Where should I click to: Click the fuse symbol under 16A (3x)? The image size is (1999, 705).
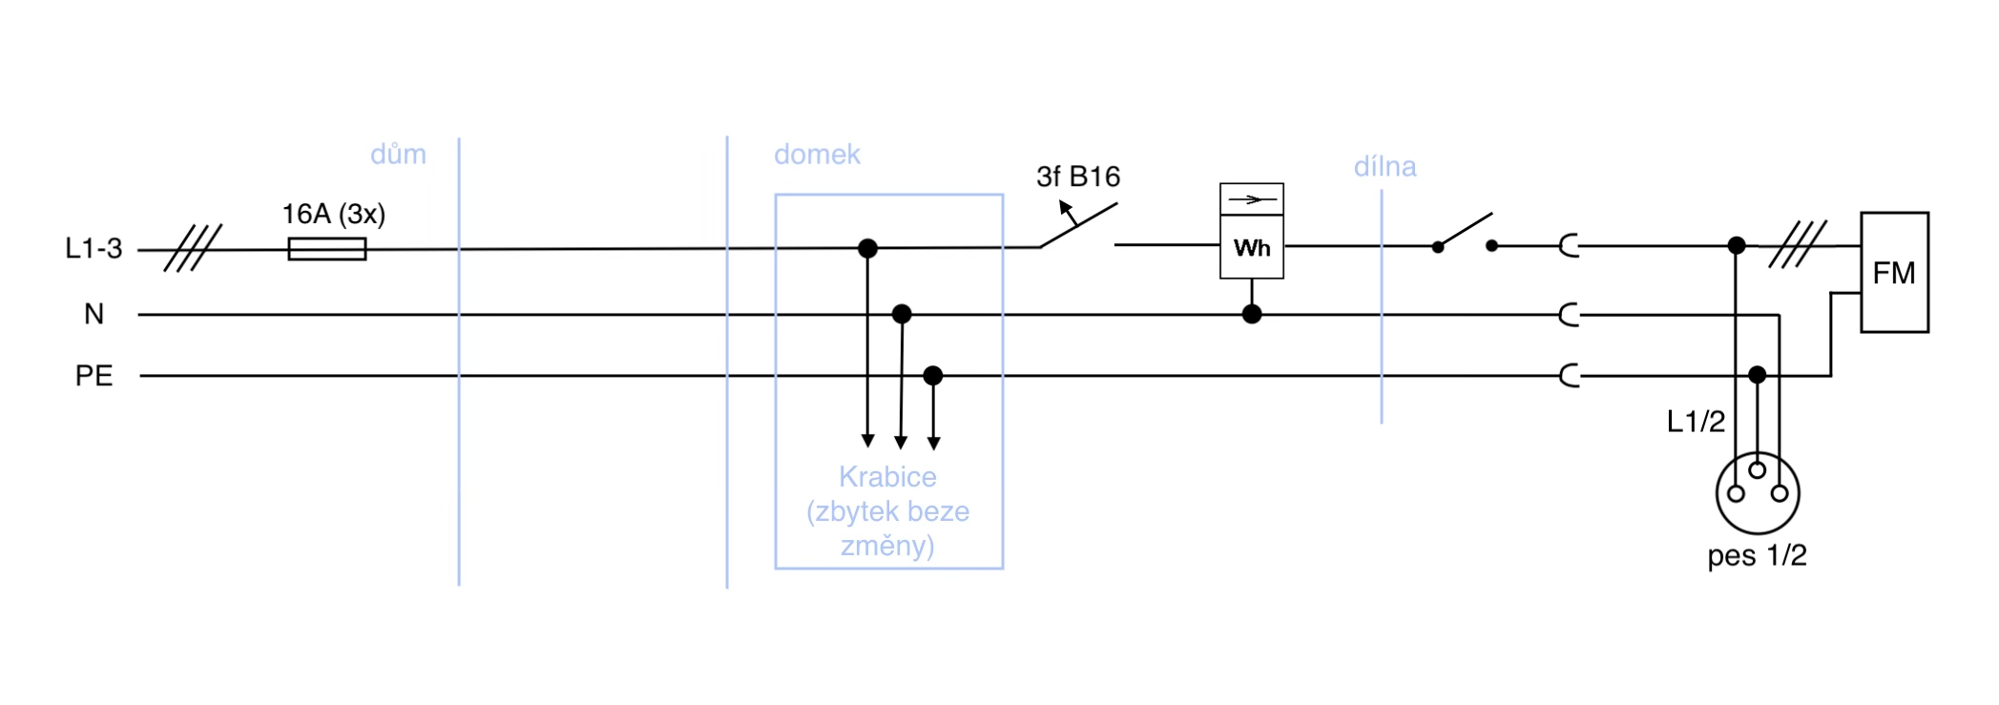(326, 249)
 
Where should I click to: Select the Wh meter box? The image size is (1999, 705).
(1251, 247)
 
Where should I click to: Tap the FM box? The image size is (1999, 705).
(1894, 273)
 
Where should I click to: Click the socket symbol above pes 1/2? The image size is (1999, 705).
(1757, 492)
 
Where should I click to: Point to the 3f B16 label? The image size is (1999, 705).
(1078, 176)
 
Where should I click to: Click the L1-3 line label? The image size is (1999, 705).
(94, 249)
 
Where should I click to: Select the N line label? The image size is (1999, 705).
(94, 314)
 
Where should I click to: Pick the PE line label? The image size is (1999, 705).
(94, 376)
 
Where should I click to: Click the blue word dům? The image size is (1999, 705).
(398, 155)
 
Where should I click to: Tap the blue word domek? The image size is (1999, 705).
(817, 155)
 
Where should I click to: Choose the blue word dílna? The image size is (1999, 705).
(1385, 167)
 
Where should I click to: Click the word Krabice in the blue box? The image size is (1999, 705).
(887, 477)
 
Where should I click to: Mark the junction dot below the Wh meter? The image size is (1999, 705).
(1252, 314)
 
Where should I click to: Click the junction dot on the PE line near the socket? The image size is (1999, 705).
(1757, 375)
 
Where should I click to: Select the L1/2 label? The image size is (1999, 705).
(1696, 422)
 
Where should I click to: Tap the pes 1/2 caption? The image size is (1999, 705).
(1757, 555)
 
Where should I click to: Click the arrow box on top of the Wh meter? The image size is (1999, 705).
(1252, 199)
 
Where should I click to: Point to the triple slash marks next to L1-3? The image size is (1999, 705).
(193, 248)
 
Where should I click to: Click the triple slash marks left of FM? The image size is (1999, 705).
(1798, 244)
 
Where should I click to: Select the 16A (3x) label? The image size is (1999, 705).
(333, 214)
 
